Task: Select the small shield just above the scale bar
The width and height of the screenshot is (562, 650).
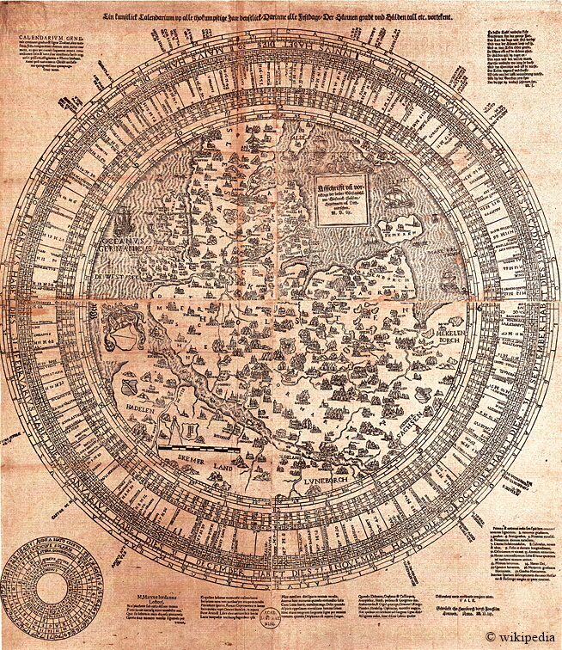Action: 192,427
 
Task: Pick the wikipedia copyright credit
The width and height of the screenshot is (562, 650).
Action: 521,637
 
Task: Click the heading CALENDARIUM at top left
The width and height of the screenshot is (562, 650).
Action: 49,38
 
